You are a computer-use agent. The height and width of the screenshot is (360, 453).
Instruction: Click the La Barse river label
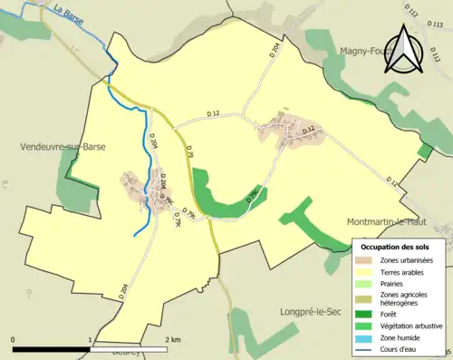pos(69,14)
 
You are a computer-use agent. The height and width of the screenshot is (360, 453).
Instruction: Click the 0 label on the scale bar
pos(14,339)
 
